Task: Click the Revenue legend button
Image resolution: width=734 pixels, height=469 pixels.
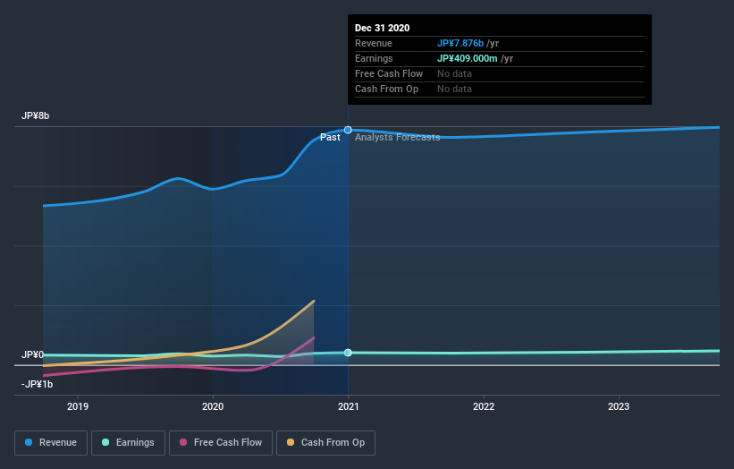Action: coord(51,442)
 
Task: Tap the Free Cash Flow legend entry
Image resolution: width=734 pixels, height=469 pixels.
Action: coord(220,442)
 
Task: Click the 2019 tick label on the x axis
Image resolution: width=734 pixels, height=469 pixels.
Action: coord(78,405)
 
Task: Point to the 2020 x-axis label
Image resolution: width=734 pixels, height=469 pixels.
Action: coord(213,405)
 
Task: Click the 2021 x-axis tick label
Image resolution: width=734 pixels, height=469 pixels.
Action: coord(349,405)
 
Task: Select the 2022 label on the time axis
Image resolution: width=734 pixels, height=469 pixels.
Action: coord(484,405)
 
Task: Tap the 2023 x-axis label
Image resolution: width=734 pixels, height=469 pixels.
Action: coord(619,405)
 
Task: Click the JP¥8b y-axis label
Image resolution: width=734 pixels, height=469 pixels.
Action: coord(37,116)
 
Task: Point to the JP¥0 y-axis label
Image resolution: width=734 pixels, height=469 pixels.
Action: coord(33,354)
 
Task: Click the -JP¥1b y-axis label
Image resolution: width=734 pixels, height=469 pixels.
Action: coord(37,384)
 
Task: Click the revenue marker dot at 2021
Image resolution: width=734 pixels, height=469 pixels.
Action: coord(348,130)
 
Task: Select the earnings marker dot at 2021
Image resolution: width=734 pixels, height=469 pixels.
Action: coord(348,353)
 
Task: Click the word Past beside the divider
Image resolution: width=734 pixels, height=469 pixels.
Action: coord(330,138)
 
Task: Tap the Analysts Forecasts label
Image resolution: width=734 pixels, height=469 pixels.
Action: coord(397,138)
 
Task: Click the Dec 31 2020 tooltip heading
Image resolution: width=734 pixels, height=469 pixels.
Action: coord(382,28)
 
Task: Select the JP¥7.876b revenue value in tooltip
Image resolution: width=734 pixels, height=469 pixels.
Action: coord(460,43)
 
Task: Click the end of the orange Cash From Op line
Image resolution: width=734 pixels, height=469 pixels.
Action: coord(314,301)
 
